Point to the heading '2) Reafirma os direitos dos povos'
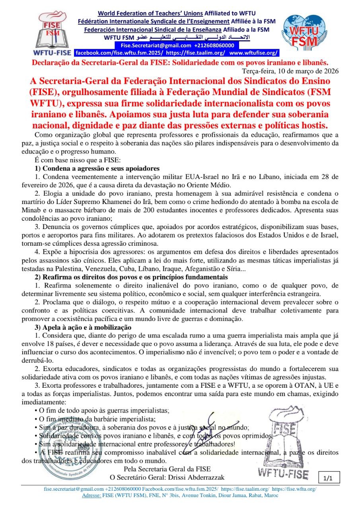pos(132,277)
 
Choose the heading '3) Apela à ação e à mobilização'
pos(83,327)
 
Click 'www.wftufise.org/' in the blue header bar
pos(254,52)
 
